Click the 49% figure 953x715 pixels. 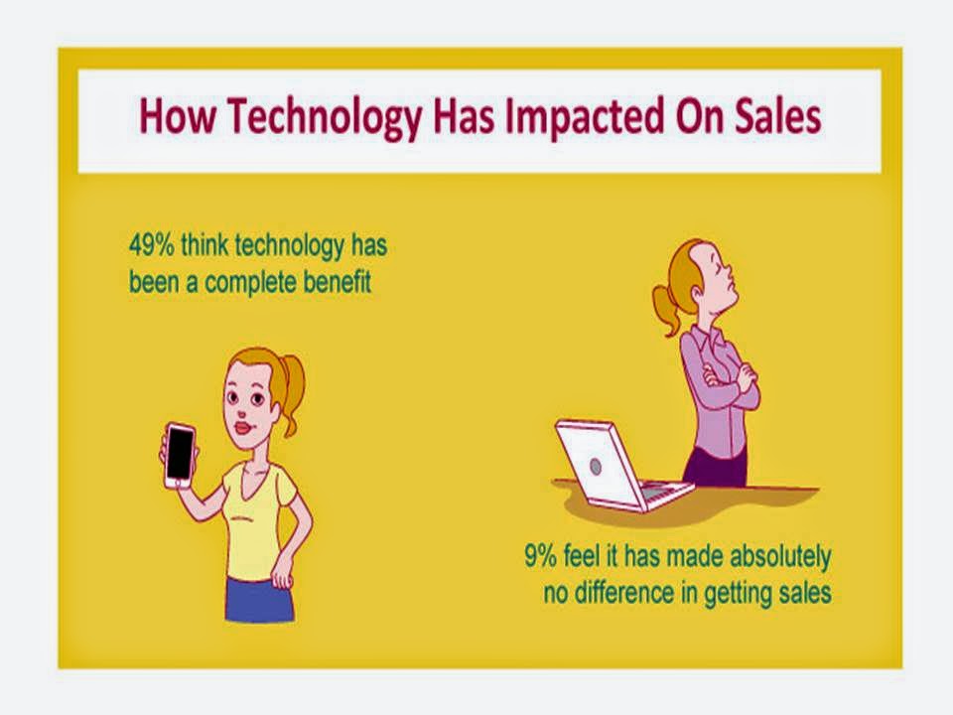pos(151,245)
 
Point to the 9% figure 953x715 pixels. pos(540,555)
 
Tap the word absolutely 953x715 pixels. pos(780,557)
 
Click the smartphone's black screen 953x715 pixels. pos(180,453)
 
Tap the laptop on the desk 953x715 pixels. pos(619,465)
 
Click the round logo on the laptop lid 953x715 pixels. pos(596,467)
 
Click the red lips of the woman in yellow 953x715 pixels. pos(244,427)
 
